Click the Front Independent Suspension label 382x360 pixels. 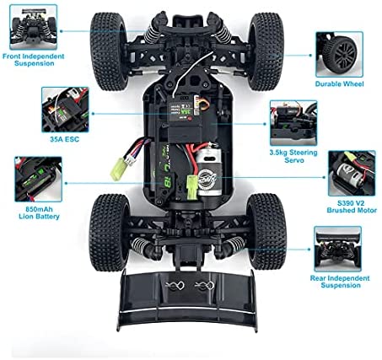point(34,60)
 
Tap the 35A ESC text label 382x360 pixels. point(65,139)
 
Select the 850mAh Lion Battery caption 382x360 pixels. point(39,212)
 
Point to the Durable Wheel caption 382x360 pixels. point(339,83)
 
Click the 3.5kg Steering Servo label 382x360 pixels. point(293,156)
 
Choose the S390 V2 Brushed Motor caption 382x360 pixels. point(352,207)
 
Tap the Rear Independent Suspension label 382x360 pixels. point(340,282)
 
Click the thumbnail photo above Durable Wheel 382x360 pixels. point(339,54)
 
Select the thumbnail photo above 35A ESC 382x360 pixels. point(65,110)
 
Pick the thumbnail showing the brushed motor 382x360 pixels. point(352,173)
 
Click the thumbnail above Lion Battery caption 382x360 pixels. point(38,180)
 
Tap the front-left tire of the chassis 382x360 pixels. point(108,51)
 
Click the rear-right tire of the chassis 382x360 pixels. point(266,231)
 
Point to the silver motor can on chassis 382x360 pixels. point(209,172)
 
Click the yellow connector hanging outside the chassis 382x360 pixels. point(117,169)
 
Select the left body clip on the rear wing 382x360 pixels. point(175,286)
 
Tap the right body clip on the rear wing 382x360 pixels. point(205,286)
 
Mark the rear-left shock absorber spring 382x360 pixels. point(140,245)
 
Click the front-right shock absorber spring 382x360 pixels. point(223,34)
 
